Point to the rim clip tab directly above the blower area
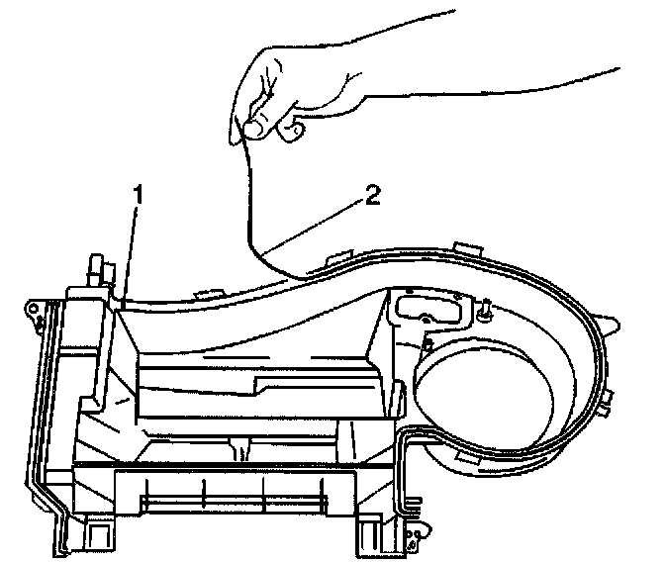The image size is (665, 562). pos(465,244)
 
